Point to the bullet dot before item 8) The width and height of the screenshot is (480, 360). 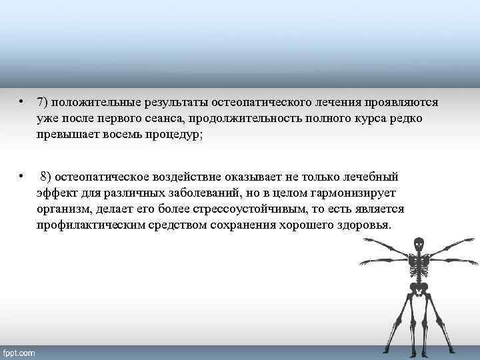(21, 176)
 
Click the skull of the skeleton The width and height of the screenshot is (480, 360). (419, 245)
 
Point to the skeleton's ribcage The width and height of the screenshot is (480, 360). (419, 265)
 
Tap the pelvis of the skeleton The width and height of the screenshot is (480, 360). (419, 288)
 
